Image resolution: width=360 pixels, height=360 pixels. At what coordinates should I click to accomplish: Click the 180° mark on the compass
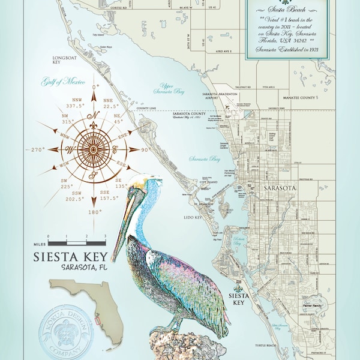coord(92,212)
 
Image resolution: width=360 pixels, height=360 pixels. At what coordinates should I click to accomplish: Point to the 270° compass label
coord(35,149)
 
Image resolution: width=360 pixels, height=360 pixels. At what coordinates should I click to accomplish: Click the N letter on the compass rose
coord(92,115)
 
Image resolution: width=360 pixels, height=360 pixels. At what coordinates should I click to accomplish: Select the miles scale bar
coord(77,243)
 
